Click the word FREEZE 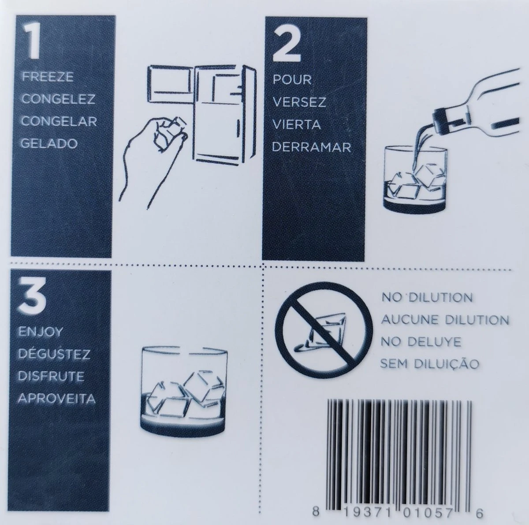48,77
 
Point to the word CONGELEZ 58,99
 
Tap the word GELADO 49,144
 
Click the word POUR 292,80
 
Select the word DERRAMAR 312,148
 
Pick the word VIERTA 297,125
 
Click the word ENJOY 40,332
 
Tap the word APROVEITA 56,399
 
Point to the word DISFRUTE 51,376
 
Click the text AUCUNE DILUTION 445,320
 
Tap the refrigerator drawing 202,115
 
